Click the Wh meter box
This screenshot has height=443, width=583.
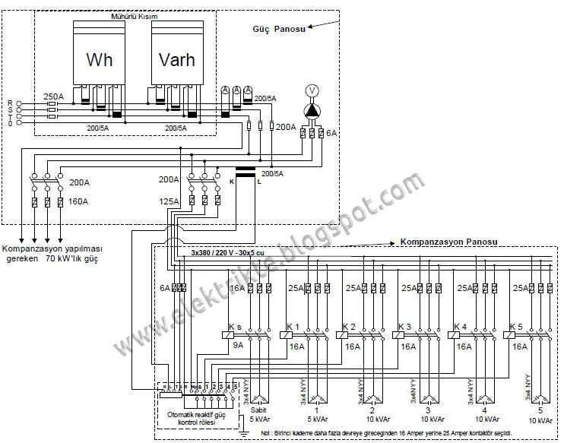point(99,59)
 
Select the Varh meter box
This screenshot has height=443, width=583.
point(176,59)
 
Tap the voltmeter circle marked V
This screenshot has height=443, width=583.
point(311,90)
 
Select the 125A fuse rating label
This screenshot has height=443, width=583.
point(170,201)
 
